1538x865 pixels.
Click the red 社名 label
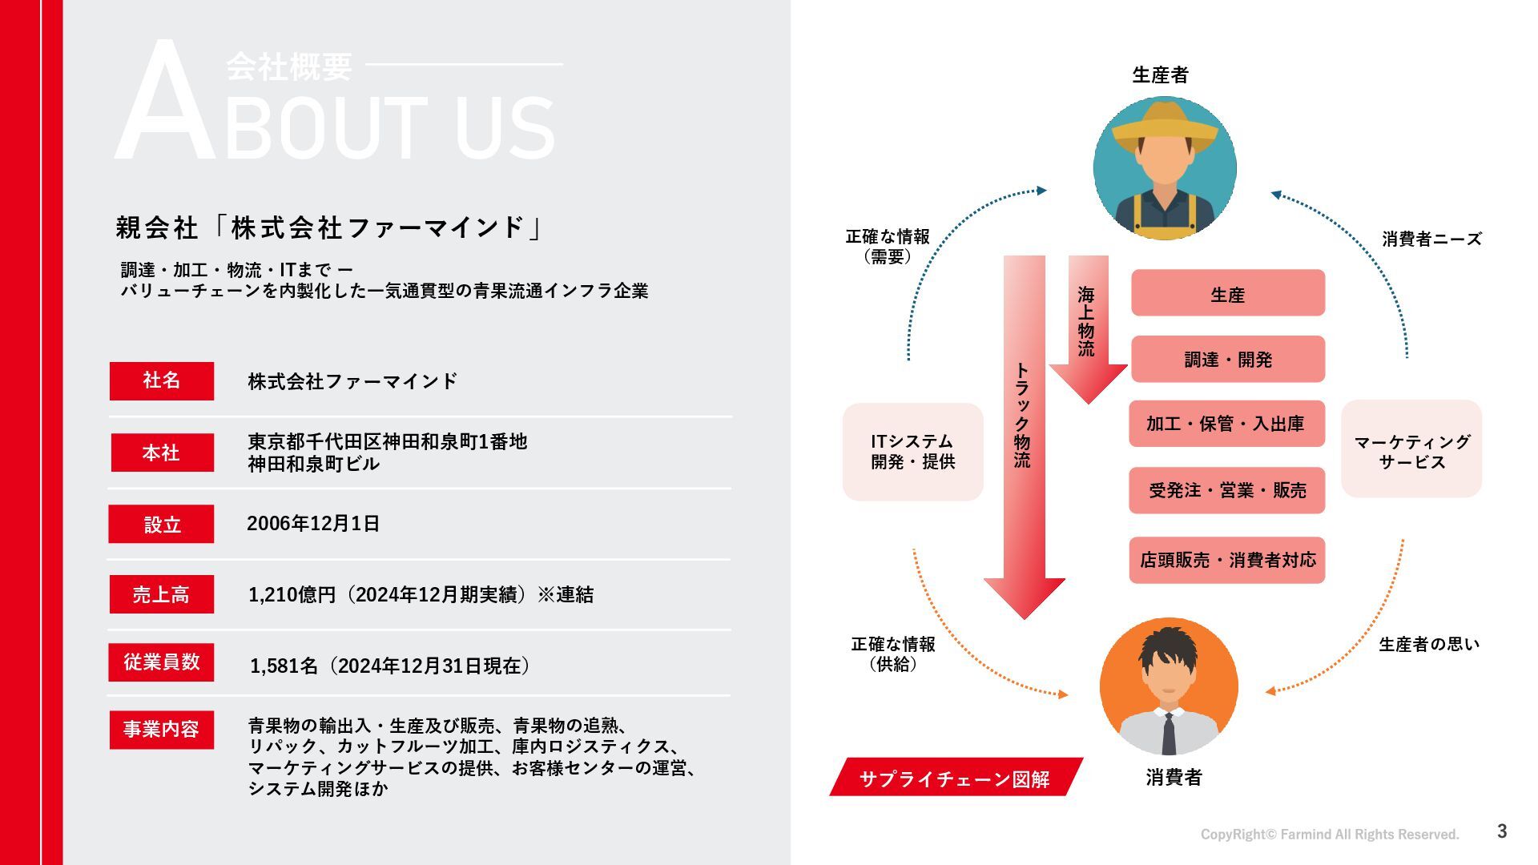pos(162,380)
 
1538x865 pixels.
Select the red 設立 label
pos(162,524)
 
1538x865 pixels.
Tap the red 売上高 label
pos(162,594)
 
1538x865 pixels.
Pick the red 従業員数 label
pos(162,662)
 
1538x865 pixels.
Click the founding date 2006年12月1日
pos(313,524)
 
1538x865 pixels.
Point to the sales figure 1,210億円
pos(292,594)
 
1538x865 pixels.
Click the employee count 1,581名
pos(284,666)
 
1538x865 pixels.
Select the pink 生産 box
pos(1227,294)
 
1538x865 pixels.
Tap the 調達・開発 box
pos(1227,360)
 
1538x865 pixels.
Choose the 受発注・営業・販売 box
pos(1227,490)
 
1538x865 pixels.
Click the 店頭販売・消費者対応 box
pos(1227,560)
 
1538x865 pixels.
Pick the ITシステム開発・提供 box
pos(913,452)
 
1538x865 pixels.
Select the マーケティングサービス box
pos(1411,452)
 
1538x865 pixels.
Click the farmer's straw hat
pos(1165,124)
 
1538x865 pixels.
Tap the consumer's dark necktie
pos(1169,733)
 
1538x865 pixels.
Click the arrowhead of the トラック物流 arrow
pos(1024,597)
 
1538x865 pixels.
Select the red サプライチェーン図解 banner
pos(955,778)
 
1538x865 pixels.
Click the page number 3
pos(1502,831)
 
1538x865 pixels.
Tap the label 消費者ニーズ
pos(1431,239)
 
